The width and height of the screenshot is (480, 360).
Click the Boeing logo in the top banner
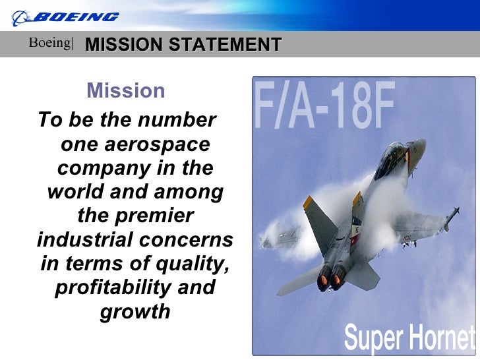click(66, 16)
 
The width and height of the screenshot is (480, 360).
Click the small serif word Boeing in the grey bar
click(49, 44)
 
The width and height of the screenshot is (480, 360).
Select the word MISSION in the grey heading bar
click(124, 45)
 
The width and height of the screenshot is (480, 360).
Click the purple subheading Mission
click(126, 90)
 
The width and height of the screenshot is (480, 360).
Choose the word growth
click(135, 311)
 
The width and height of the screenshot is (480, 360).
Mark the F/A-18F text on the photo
click(325, 107)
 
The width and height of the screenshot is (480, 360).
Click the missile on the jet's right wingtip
click(450, 218)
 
